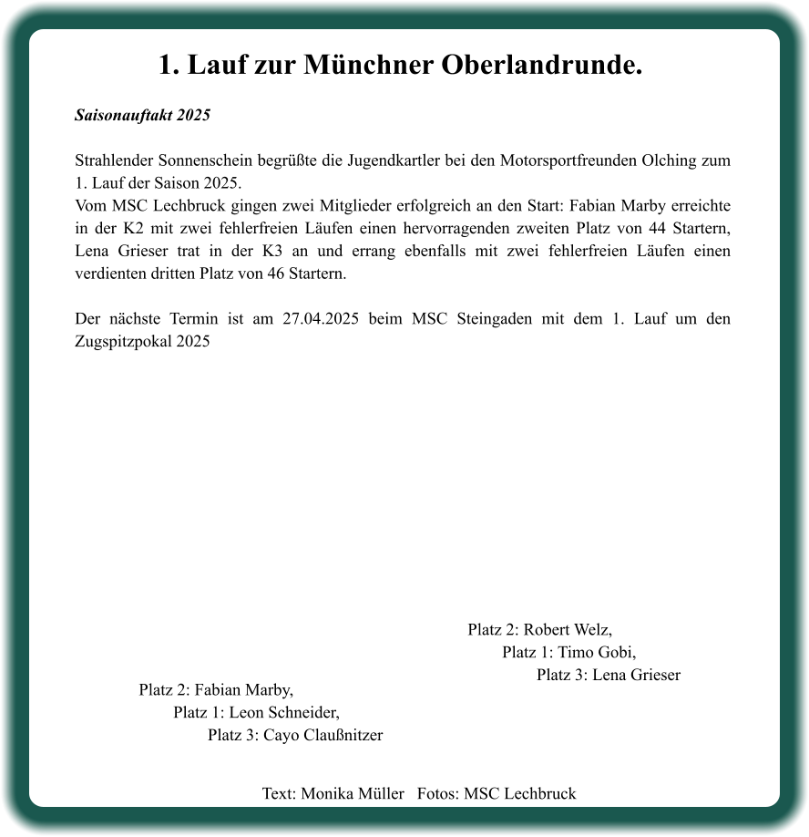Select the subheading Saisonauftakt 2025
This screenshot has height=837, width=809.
coord(142,116)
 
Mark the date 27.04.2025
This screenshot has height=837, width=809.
coord(321,319)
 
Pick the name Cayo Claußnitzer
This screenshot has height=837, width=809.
coord(323,735)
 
